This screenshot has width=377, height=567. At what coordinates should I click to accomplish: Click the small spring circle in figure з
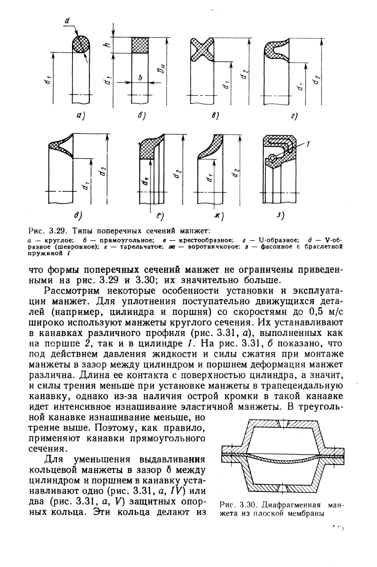pos(272,158)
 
